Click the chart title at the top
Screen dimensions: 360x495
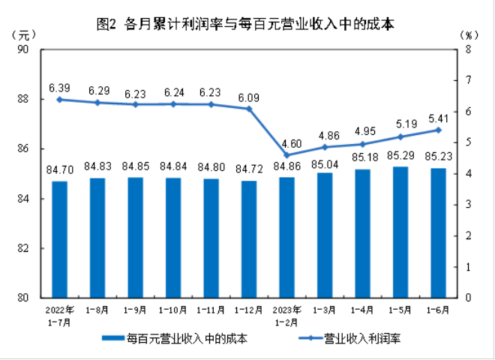pos(247,23)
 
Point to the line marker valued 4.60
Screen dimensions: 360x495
pos(287,155)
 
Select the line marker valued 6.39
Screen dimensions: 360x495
pos(60,100)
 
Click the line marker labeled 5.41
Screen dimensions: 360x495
pos(438,130)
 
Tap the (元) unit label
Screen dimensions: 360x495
pos(24,35)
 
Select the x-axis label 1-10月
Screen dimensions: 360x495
pos(173,309)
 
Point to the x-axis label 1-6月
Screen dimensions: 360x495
pos(438,309)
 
